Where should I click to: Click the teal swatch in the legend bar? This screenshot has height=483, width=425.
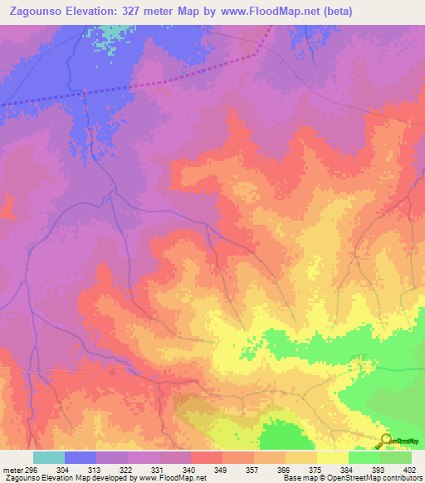click(49, 457)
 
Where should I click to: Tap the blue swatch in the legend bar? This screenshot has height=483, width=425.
click(81, 457)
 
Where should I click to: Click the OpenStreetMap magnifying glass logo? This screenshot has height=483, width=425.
click(385, 441)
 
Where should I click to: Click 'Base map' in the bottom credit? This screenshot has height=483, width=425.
click(297, 478)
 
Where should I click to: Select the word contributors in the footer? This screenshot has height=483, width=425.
click(401, 478)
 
